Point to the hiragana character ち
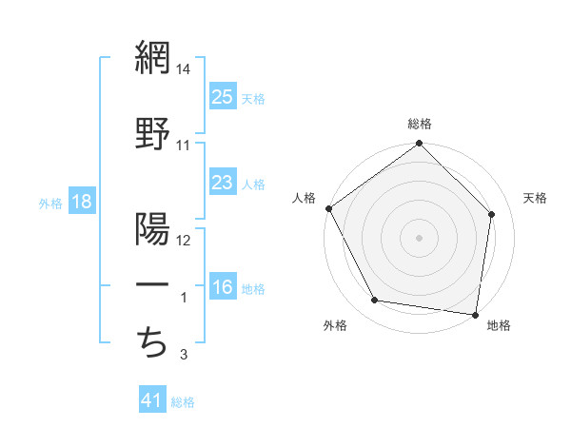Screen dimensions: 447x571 (152, 340)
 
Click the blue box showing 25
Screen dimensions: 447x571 (223, 97)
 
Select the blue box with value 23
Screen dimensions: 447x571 (223, 183)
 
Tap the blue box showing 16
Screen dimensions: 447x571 (223, 287)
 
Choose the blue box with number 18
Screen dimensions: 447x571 (81, 202)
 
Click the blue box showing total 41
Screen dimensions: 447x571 (152, 400)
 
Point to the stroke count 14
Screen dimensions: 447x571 (184, 68)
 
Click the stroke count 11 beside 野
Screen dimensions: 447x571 (184, 146)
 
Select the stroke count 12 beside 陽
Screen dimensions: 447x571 (185, 241)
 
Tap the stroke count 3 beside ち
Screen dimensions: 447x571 (185, 356)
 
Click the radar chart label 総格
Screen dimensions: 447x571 (420, 124)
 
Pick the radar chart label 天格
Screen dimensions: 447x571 (535, 198)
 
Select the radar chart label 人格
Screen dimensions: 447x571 (304, 198)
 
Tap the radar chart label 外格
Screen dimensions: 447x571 (335, 325)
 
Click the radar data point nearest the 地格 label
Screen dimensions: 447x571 (476, 314)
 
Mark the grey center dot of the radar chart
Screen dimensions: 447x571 (420, 237)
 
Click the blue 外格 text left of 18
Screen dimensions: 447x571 (50, 203)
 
